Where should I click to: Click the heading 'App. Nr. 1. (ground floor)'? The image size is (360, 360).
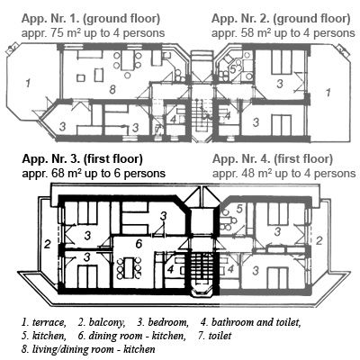coord(91,19)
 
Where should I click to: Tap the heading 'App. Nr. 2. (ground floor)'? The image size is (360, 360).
coord(281,19)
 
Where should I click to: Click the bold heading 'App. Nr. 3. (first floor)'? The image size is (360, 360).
coord(83,159)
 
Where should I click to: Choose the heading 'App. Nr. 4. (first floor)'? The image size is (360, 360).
coord(273,159)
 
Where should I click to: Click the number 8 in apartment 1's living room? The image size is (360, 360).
coord(112,89)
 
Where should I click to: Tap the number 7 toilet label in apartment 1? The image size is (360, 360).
coord(158,130)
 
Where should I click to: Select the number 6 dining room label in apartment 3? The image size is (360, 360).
coord(139,244)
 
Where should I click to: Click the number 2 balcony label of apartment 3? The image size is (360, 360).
coord(47,245)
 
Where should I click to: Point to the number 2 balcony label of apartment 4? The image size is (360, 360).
coord(319,240)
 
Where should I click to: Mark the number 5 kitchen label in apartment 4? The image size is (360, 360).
coord(239,209)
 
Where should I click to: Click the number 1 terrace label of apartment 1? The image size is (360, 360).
coord(28,83)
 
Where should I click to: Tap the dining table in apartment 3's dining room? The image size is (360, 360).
coord(130,267)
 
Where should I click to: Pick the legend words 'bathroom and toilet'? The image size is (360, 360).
coord(256,322)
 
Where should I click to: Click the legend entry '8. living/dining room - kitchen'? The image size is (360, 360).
coord(88,349)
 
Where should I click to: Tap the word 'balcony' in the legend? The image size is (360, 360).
coord(107,323)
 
